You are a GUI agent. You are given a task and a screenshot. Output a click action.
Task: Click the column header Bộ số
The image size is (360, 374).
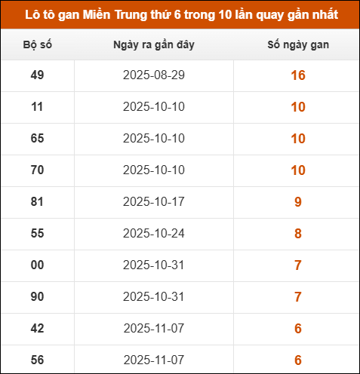[37, 45]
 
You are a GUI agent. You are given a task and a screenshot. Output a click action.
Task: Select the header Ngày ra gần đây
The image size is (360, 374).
[154, 45]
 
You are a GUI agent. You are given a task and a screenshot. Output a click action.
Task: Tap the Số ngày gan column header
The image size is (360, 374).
[297, 45]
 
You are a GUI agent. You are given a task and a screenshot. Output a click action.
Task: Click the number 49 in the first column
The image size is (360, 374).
[37, 75]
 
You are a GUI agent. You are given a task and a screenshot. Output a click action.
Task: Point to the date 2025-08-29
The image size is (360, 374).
[154, 75]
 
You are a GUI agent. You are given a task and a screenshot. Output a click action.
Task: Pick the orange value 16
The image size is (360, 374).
[297, 75]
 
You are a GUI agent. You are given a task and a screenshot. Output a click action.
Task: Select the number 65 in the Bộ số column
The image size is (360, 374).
[37, 139]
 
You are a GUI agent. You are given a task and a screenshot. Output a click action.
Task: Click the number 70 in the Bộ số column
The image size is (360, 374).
[37, 170]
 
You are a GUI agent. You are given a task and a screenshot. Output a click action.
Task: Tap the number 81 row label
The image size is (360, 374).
[37, 202]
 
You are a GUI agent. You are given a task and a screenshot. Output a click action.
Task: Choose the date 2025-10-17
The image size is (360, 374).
[154, 202]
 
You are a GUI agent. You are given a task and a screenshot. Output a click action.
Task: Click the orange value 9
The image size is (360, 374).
[297, 202]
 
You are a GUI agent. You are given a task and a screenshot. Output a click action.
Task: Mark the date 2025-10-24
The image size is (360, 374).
[154, 234]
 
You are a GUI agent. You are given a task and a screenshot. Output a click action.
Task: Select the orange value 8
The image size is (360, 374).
[297, 234]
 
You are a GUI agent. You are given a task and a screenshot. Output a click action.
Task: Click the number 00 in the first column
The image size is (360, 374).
[37, 265]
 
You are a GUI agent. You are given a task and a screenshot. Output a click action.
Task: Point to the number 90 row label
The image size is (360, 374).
[37, 297]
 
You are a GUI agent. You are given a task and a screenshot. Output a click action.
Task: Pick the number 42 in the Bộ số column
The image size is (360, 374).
[37, 329]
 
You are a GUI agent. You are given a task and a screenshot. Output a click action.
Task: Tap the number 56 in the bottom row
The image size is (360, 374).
[37, 360]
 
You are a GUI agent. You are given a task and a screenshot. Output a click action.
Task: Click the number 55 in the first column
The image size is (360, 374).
[37, 234]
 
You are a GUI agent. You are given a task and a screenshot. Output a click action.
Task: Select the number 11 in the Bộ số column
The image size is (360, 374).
[37, 107]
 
